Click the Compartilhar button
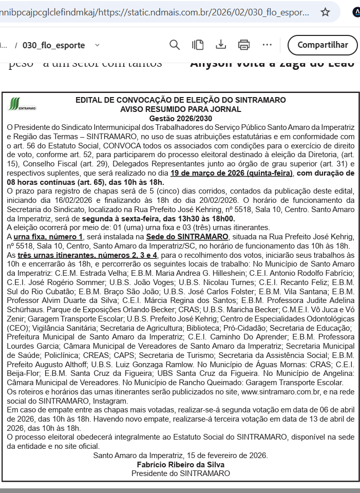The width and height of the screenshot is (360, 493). click(323, 45)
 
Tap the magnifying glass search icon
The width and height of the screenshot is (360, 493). click(175, 45)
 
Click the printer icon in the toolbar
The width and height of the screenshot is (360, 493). click(244, 45)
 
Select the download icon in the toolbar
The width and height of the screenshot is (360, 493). click(221, 45)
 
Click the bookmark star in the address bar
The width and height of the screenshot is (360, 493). click(325, 12)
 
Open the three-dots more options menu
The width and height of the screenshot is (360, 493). click(267, 45)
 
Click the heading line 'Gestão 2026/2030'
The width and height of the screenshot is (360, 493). click(180, 118)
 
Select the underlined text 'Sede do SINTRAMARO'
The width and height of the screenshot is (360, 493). click(187, 237)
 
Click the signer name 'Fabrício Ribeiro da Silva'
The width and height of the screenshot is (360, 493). click(180, 464)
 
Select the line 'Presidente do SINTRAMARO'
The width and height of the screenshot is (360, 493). click(180, 473)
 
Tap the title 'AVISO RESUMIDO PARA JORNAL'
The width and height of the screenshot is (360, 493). click(180, 109)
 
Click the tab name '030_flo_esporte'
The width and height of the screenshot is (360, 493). click(53, 45)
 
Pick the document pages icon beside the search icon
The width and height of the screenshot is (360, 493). click(198, 45)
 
